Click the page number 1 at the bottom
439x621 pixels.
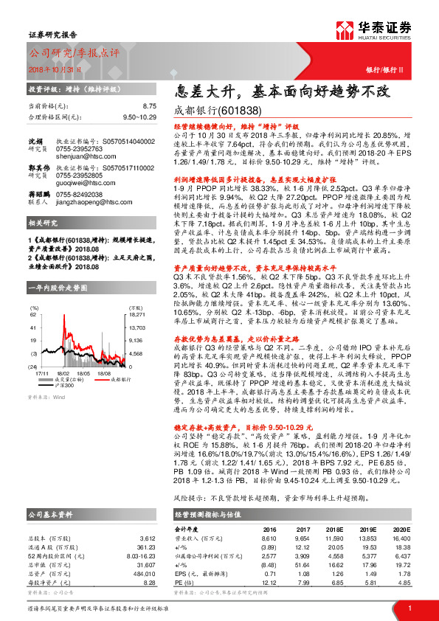(x=409, y=609)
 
